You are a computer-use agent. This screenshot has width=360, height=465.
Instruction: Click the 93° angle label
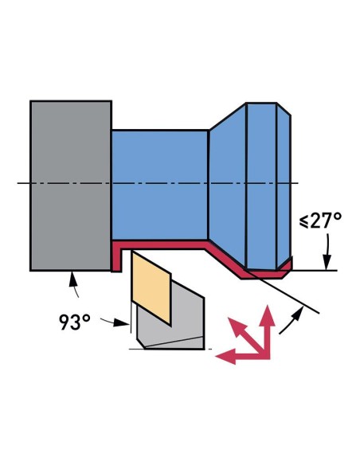coord(74,322)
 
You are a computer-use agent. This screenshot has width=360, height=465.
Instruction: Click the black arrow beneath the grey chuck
coord(74,281)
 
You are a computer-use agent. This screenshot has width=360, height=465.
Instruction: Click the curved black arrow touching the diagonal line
coord(296,318)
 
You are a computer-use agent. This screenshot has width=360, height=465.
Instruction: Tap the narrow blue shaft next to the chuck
coord(159,183)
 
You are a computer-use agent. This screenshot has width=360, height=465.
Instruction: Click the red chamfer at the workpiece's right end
coord(286,264)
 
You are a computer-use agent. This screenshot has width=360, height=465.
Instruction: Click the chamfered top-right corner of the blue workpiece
coord(284,109)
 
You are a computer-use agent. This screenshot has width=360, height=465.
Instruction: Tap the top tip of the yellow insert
coord(134,252)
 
